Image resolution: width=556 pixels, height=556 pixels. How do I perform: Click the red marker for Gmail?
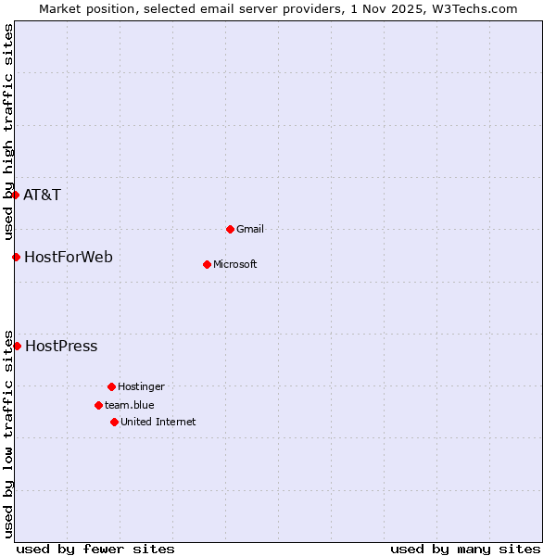(x=230, y=229)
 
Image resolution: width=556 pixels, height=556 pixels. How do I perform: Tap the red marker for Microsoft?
(x=207, y=264)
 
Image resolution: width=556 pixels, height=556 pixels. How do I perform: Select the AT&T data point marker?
(x=15, y=195)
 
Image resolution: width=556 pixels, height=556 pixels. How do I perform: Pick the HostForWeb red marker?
(x=16, y=257)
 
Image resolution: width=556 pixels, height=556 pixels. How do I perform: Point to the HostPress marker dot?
(x=17, y=346)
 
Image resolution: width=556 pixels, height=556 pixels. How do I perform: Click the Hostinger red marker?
(x=111, y=386)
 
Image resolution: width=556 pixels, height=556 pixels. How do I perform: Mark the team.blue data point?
(x=98, y=405)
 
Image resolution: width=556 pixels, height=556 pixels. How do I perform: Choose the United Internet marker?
(x=114, y=422)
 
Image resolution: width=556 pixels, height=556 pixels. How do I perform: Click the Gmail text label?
(x=250, y=229)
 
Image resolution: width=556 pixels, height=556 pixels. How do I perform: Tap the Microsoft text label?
(x=235, y=264)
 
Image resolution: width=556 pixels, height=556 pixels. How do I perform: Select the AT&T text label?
(x=42, y=195)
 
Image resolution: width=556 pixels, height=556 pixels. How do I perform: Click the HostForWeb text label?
(x=69, y=257)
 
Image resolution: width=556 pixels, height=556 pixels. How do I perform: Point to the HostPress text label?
(x=61, y=346)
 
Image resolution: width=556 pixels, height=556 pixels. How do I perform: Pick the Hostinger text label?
(x=141, y=386)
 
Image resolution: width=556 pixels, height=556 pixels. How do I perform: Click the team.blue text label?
(x=130, y=405)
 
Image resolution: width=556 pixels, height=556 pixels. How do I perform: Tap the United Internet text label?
(x=158, y=422)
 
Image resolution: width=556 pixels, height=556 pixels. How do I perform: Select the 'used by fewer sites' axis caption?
(x=95, y=549)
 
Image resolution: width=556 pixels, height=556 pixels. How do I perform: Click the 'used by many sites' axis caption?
(x=465, y=549)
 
